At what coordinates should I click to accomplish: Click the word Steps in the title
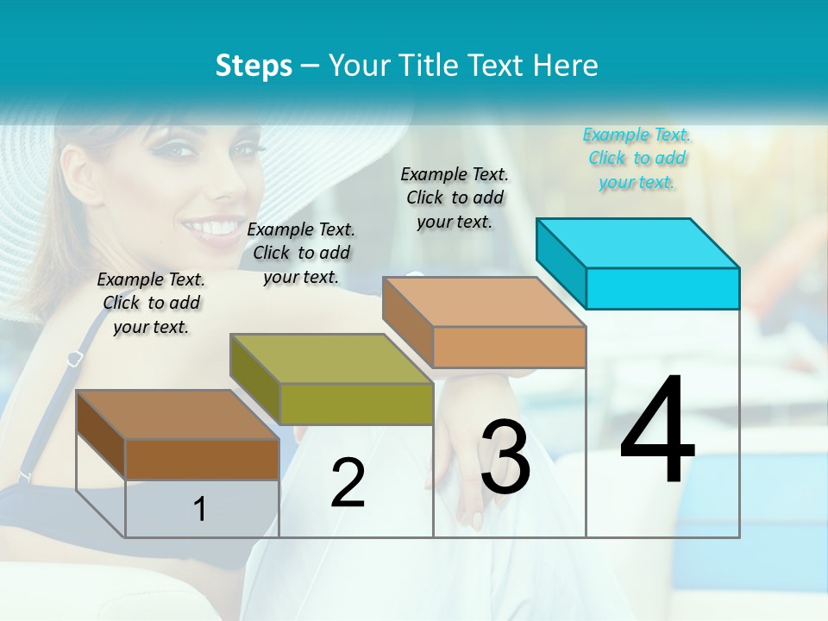254,66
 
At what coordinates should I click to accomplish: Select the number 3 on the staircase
505,457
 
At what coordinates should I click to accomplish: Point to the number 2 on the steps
348,483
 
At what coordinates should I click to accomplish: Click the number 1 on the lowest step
200,510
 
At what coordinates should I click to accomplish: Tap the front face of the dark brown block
202,459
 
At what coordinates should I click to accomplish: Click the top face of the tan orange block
485,301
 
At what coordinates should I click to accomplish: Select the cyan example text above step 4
637,158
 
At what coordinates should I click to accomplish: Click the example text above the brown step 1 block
151,303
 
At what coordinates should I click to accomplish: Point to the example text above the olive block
301,253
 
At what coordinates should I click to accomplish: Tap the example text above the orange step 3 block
455,198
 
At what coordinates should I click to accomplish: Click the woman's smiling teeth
212,229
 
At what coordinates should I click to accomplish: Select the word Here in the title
567,66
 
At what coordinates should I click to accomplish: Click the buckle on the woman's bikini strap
74,356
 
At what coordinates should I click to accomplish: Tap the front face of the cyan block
662,288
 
